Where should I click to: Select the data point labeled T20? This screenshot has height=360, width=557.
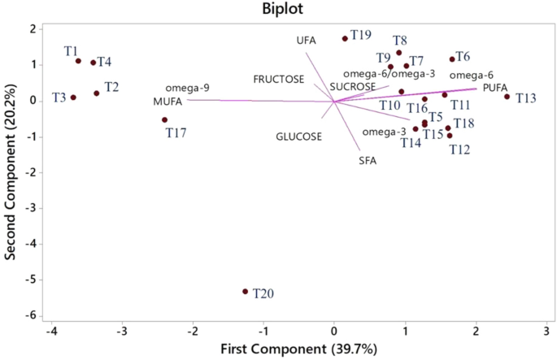click(245, 291)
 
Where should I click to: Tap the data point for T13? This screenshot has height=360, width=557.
click(507, 97)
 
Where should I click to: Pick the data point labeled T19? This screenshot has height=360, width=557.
click(345, 38)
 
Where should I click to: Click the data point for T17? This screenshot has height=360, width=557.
click(164, 119)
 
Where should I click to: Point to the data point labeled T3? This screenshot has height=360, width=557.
click(73, 98)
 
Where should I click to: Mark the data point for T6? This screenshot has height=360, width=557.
click(452, 59)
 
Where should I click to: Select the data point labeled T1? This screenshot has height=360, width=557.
click(78, 61)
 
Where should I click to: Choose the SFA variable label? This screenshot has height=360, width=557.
click(368, 160)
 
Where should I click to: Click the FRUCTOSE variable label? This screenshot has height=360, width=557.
click(279, 79)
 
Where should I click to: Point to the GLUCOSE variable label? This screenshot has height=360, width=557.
click(298, 137)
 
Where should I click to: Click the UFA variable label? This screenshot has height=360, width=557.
click(305, 40)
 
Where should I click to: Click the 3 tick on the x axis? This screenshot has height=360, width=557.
click(546, 332)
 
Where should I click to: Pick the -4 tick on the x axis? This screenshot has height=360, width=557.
click(52, 332)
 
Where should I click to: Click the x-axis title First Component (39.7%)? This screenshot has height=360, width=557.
click(299, 350)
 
